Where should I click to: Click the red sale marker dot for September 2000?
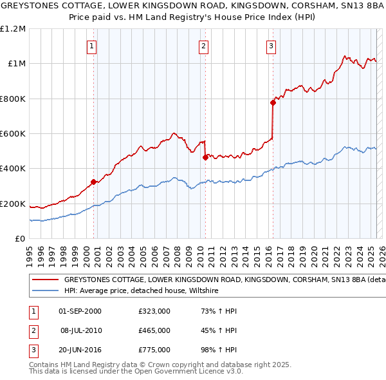93,182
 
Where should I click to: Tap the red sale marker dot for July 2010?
205,157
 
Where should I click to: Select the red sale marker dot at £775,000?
273,102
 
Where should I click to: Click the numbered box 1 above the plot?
93,46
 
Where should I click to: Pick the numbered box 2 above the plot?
203,46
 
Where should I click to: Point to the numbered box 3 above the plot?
271,46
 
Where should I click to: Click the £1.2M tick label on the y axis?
13,29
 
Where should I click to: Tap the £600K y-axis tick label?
13,134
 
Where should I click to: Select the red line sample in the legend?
45,280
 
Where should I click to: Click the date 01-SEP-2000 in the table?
80,311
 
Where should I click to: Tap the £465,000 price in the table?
154,330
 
